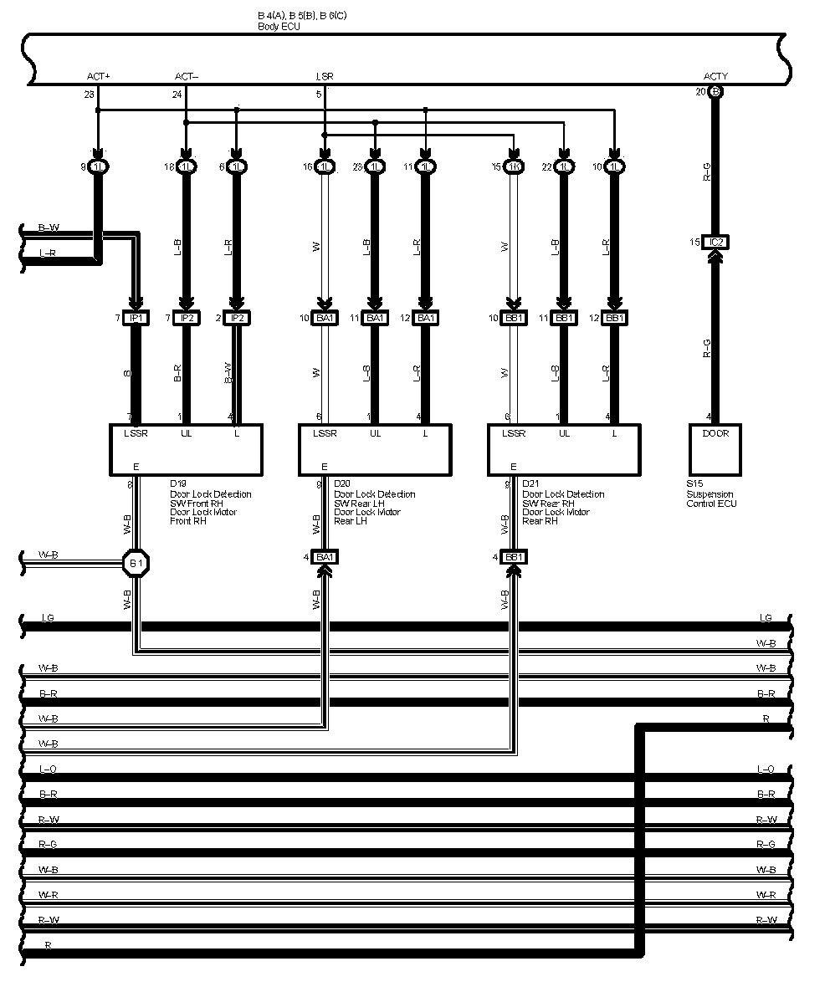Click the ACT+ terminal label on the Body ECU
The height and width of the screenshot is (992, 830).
coord(98,77)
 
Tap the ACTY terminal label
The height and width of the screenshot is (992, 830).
coord(715,77)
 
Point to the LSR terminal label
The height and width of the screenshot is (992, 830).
coord(325,77)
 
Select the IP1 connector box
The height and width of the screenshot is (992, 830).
coord(136,318)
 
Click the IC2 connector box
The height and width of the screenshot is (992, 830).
coord(715,243)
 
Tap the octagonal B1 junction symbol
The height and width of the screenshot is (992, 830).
coord(136,563)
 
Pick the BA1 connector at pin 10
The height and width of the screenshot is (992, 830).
coord(325,318)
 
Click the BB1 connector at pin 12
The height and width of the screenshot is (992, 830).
coord(614,318)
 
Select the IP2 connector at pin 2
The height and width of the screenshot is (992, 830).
coord(237,318)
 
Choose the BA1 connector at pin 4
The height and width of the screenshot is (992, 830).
coord(325,557)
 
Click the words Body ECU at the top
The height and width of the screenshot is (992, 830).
coord(279,27)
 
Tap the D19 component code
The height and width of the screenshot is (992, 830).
coord(178,483)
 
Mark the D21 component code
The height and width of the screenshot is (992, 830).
coord(530,483)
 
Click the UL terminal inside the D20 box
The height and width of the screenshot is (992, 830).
coord(375,433)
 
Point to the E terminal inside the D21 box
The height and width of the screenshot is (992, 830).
coord(513,467)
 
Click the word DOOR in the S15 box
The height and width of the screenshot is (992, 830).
coord(715,433)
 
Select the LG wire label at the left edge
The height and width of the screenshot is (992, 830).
coord(48,618)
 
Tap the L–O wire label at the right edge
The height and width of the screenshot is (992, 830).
coord(765,769)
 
